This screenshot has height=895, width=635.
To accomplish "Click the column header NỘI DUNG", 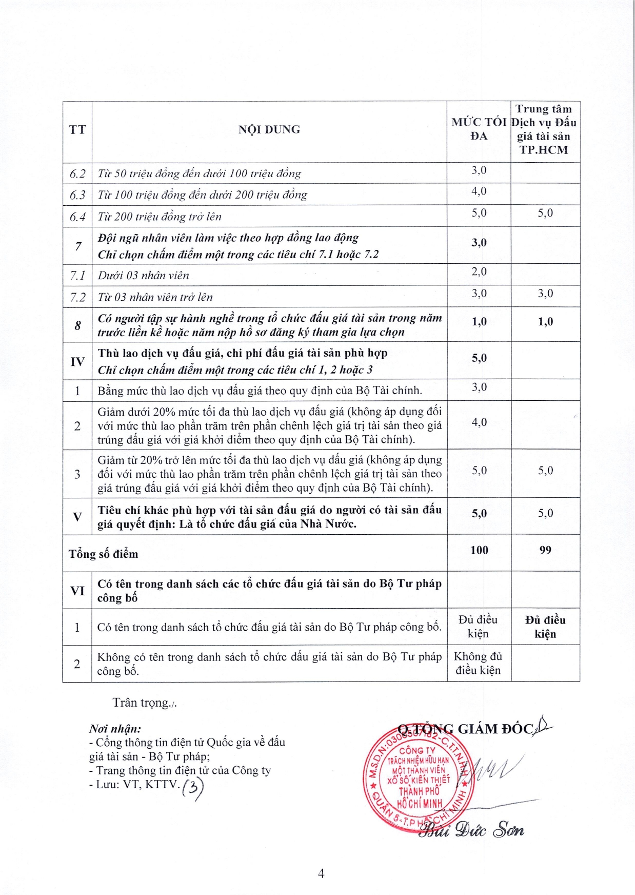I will pyautogui.click(x=269, y=129).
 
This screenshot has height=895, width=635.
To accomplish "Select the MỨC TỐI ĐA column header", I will pyautogui.click(x=479, y=129).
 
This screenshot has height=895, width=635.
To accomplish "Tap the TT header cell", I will pyautogui.click(x=77, y=129).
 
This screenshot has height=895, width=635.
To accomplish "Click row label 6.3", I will pyautogui.click(x=77, y=195).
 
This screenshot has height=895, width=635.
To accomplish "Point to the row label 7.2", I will pyautogui.click(x=77, y=297).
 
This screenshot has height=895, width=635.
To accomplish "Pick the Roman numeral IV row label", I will pyautogui.click(x=77, y=361).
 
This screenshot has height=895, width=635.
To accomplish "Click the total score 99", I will pyautogui.click(x=545, y=550).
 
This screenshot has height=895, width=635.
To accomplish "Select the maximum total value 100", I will pyautogui.click(x=479, y=550).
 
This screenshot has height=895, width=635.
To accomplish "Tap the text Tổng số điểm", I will pyautogui.click(x=104, y=554).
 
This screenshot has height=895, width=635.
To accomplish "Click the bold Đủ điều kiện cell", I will pyautogui.click(x=545, y=627).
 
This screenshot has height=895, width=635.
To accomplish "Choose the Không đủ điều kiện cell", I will pyautogui.click(x=478, y=663).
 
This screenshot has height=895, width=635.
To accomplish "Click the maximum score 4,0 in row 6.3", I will pyautogui.click(x=479, y=191).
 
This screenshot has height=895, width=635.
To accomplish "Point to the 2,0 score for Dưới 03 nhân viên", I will pyautogui.click(x=479, y=271).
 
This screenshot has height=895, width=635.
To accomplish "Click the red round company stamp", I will pyautogui.click(x=418, y=775).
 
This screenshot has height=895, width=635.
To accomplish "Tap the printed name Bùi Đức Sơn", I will pyautogui.click(x=471, y=829).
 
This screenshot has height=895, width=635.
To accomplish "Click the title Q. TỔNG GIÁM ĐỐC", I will pyautogui.click(x=466, y=729).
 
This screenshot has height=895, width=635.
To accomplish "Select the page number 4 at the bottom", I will pyautogui.click(x=321, y=873).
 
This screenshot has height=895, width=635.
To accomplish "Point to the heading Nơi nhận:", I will pyautogui.click(x=115, y=729).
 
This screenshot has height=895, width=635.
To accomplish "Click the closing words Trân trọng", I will pyautogui.click(x=144, y=703).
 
